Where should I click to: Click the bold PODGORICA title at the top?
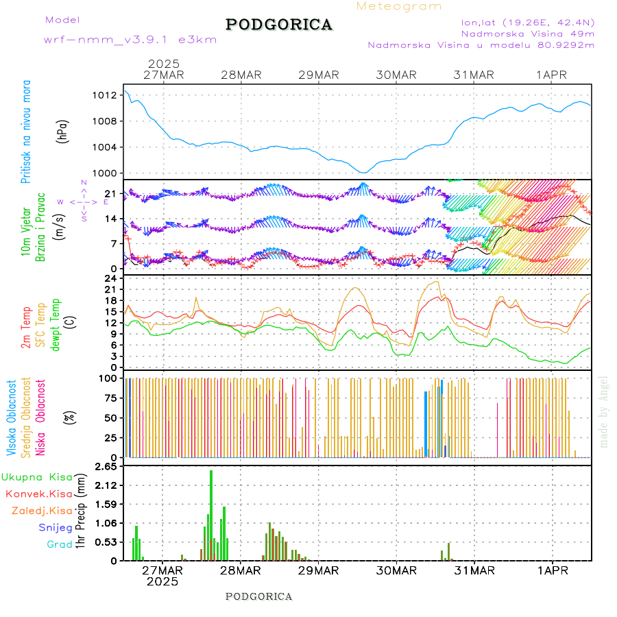pos(279,25)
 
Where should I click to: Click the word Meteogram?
pos(399,6)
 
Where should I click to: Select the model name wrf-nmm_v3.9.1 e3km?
pos(130,40)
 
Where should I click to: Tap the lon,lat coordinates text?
pos(528,22)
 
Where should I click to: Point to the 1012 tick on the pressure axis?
pos(109,95)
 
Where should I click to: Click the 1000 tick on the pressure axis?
pos(109,173)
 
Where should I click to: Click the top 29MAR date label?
pos(319,75)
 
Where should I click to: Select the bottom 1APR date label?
pos(552,570)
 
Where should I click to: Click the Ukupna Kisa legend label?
pos(37,476)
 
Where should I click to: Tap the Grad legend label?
pos(59,544)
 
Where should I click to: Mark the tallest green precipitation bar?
pos(211,514)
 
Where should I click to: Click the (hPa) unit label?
pos(63,130)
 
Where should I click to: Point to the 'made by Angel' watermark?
pos(604,411)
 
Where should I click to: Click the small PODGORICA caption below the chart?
pos(259,596)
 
